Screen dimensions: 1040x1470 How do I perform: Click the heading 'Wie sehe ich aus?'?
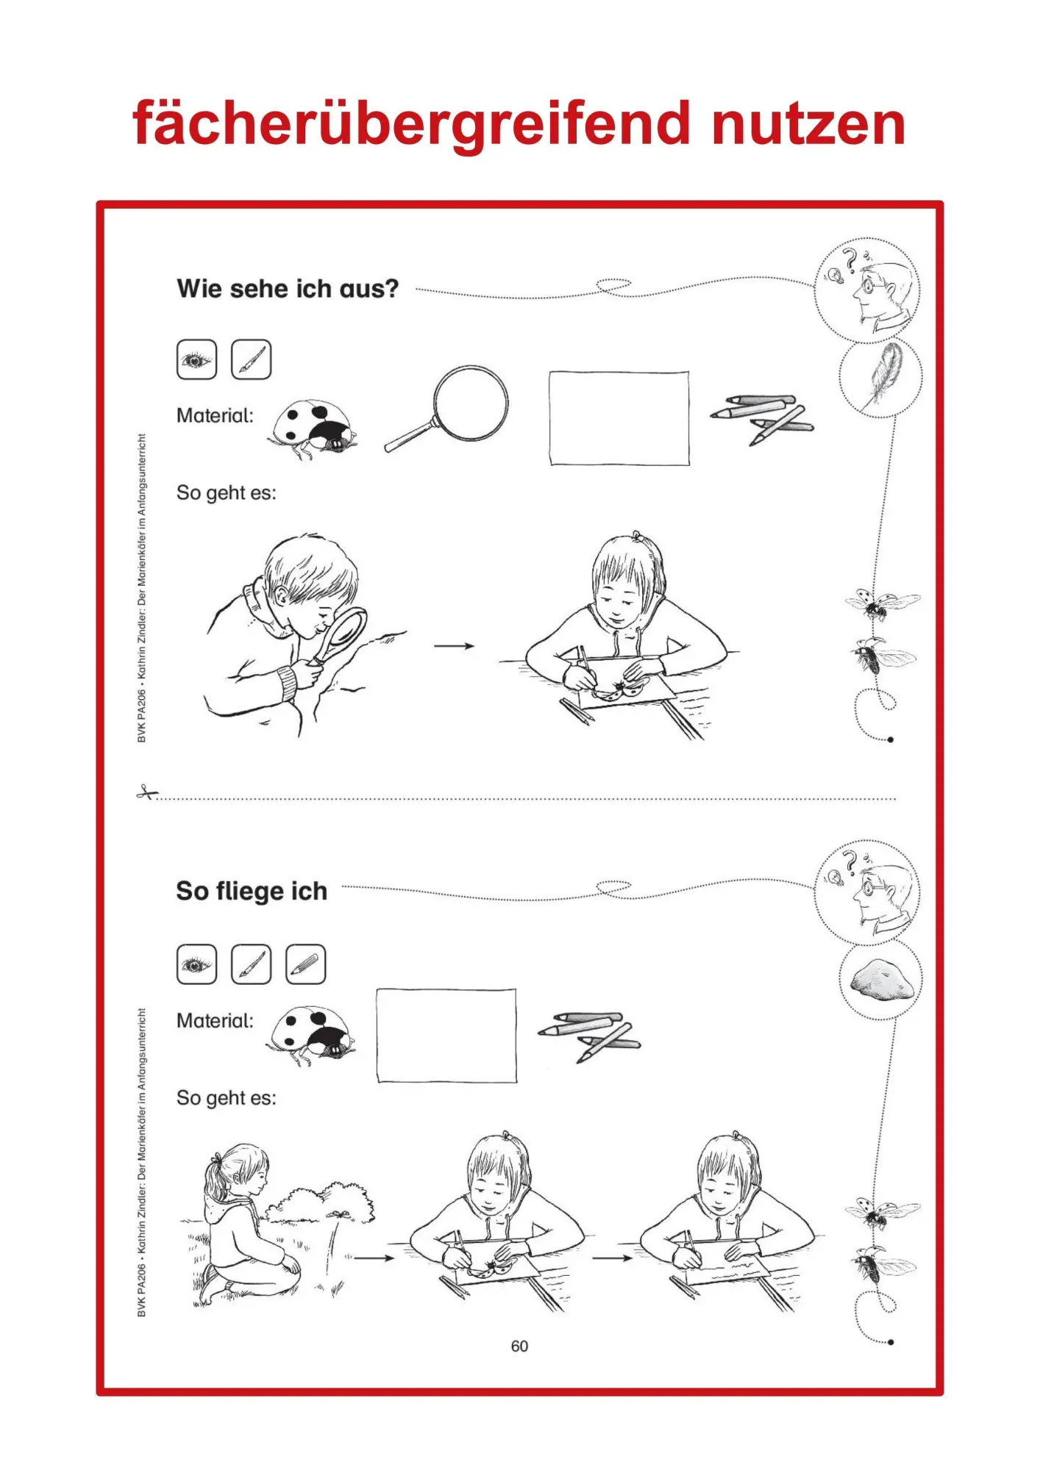288,289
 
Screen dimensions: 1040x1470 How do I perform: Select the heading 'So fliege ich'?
252,891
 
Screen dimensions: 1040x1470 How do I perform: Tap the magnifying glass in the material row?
447,409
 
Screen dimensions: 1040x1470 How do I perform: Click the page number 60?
519,1346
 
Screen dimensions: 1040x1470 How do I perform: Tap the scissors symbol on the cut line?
146,792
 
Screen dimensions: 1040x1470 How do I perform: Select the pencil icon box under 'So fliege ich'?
305,964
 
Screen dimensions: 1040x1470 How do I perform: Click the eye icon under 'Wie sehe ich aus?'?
196,359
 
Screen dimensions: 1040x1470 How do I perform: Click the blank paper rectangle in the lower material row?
446,1036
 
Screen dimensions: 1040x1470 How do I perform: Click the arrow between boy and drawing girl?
454,646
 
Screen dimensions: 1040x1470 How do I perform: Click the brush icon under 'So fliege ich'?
251,964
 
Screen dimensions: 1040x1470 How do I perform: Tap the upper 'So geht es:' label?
227,492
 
